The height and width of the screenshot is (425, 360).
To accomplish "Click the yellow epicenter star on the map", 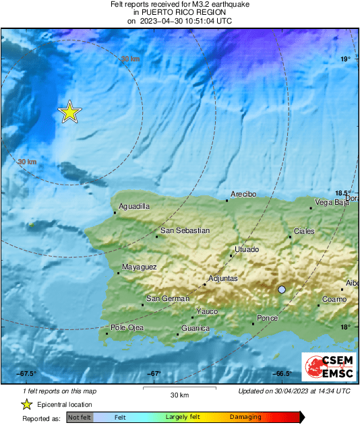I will click(69, 112).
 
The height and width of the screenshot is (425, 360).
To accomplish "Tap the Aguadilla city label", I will click(133, 207).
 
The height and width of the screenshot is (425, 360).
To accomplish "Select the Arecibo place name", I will click(243, 194).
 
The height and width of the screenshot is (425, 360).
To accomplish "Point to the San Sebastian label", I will click(184, 230).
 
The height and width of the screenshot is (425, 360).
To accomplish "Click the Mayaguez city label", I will click(139, 267).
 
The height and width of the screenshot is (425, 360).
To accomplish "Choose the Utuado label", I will click(246, 250).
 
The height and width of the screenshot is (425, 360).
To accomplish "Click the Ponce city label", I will click(268, 318).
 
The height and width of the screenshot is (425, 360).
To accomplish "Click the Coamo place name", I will click(334, 299).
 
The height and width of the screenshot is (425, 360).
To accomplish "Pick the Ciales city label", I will click(304, 231).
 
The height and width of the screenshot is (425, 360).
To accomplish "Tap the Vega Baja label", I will click(332, 202).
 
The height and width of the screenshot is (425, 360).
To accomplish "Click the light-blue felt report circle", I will click(282, 290).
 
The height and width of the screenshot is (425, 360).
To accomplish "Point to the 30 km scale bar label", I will click(179, 395).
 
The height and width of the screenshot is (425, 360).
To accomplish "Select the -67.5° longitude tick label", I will click(26, 374).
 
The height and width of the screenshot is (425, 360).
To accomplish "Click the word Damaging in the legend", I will click(245, 418).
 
